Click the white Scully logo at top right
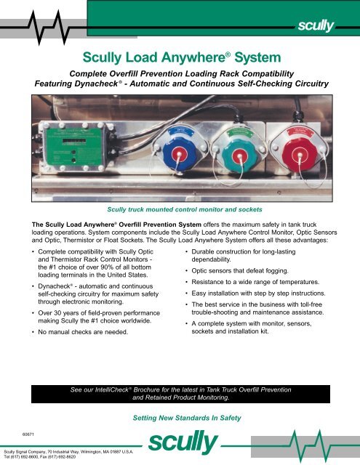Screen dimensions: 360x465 point(313,28)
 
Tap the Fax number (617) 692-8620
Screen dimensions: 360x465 point(71,459)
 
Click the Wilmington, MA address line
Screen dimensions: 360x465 point(67,453)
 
